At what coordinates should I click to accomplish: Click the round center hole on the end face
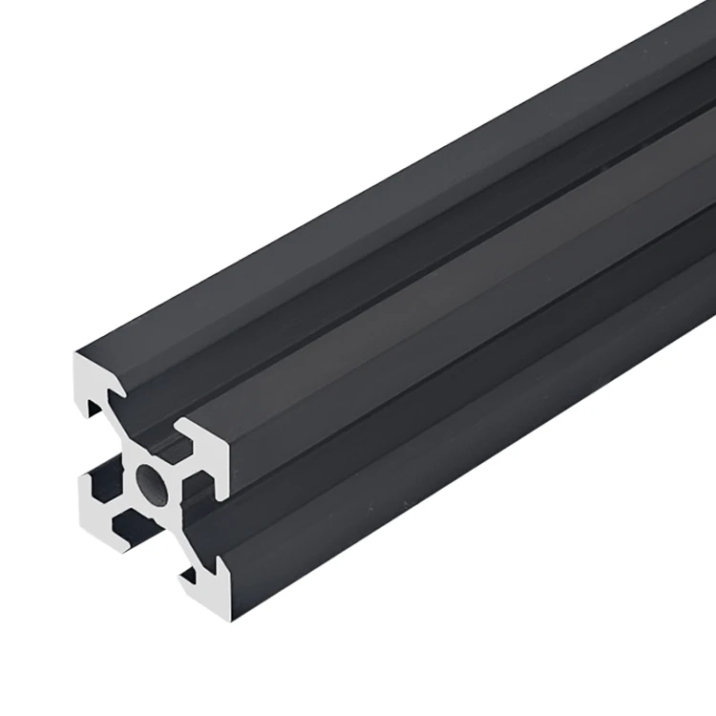point(153,483)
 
